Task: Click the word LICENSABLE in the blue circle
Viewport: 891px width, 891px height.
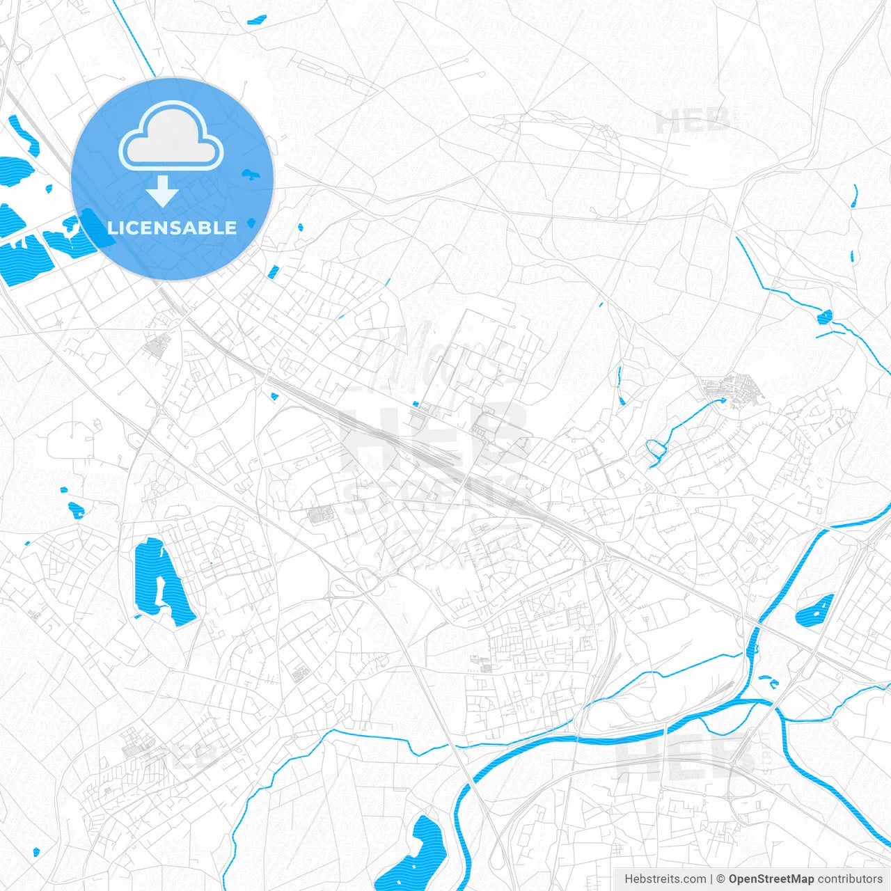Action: pos(172,228)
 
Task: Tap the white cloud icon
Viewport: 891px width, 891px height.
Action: pos(171,136)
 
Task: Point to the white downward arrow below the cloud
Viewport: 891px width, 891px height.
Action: pos(162,191)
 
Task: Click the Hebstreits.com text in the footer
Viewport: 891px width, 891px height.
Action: pos(665,879)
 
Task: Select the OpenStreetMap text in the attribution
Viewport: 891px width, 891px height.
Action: pos(771,879)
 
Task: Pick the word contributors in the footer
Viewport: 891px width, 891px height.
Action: pos(850,879)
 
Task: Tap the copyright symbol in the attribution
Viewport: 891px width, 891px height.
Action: pos(720,879)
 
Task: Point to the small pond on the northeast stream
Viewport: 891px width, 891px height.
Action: pos(825,317)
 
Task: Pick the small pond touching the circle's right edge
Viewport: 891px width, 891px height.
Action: pos(249,174)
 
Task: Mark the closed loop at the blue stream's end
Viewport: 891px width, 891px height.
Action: pos(655,450)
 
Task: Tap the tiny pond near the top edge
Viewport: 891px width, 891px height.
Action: pos(257,19)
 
